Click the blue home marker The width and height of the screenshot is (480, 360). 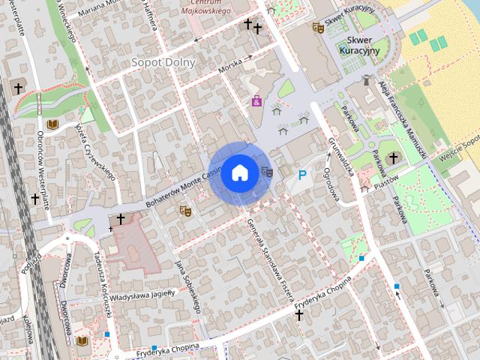tap(239, 173)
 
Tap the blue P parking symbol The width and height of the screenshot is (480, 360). tap(302, 175)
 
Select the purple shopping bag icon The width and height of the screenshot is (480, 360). tap(256, 100)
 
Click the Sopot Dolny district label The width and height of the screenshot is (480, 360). tap(163, 62)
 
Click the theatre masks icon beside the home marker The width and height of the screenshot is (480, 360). tap(266, 172)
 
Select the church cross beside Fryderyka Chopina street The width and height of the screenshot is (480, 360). tap(299, 316)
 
